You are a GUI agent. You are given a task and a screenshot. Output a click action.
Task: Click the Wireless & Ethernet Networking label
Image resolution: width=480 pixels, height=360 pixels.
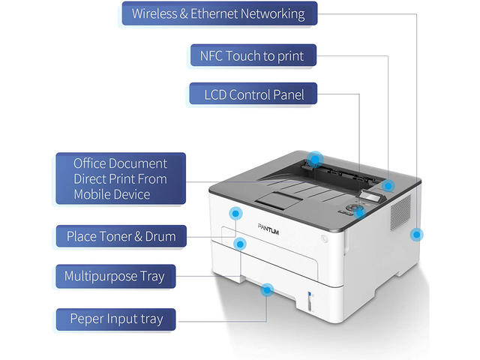click(x=218, y=13)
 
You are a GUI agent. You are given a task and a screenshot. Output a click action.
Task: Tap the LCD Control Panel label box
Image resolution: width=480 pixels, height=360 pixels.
click(x=253, y=95)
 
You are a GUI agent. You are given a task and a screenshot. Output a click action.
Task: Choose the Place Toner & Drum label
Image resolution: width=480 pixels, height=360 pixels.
click(x=121, y=236)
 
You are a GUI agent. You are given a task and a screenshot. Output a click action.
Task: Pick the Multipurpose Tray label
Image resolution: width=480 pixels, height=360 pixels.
click(x=114, y=276)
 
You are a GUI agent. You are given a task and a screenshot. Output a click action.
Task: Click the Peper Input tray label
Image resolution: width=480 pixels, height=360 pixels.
click(x=116, y=319)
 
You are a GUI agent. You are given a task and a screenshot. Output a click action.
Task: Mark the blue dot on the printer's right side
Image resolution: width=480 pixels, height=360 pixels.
click(x=415, y=235)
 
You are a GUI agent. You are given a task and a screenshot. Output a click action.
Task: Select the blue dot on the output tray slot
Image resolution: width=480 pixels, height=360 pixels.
click(x=316, y=159)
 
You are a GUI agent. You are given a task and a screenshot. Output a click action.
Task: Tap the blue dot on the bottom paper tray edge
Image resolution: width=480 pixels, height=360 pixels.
click(x=266, y=289)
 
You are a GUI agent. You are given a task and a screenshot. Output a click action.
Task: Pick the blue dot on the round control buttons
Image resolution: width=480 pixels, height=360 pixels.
click(x=359, y=212)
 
